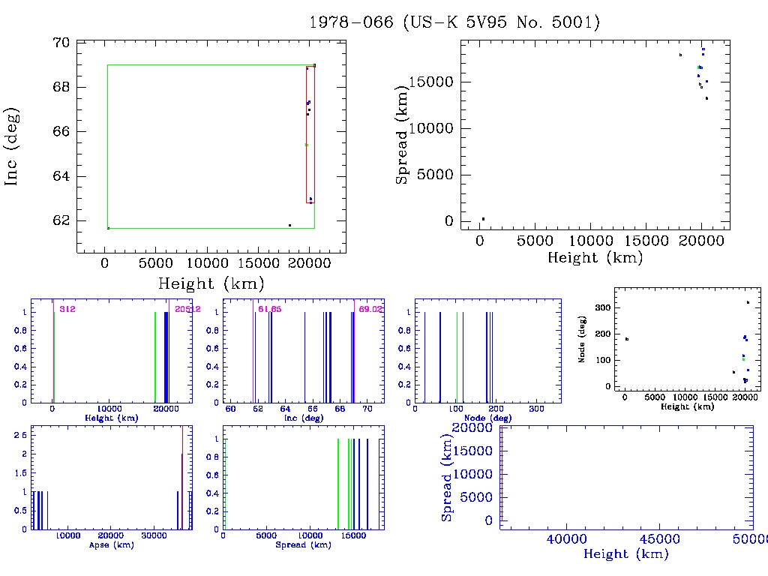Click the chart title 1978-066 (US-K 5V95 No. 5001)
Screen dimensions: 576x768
coord(455,22)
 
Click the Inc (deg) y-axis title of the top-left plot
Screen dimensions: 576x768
coord(12,146)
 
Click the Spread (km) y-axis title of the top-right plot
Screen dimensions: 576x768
coord(403,136)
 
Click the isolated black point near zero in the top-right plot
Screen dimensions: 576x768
coord(483,219)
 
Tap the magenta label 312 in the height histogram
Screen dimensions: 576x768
coord(68,309)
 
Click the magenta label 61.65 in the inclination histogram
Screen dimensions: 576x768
coord(268,309)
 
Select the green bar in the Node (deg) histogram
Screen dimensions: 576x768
coord(457,358)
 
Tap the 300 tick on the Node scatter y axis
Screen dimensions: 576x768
coord(599,307)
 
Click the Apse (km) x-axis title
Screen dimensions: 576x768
coord(110,545)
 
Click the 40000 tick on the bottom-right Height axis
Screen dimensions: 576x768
coord(565,540)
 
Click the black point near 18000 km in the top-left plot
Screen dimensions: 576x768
coord(289,225)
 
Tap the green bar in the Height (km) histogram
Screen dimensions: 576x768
coord(155,358)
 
